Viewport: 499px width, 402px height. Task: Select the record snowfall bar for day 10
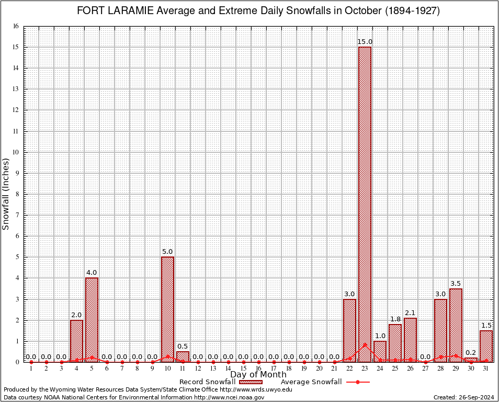coord(167,309)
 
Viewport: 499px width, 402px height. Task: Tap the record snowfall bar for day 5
coord(92,319)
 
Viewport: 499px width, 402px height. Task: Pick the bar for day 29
coord(456,325)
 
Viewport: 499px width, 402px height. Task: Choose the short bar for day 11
coord(183,356)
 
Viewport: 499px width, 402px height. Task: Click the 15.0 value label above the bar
coord(365,42)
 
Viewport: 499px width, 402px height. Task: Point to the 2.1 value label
coord(410,312)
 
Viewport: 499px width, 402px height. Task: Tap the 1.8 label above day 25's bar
coord(395,319)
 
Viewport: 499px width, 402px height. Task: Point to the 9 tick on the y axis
coord(17,173)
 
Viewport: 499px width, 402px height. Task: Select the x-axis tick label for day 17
coord(274,368)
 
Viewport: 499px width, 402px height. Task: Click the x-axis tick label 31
coord(486,368)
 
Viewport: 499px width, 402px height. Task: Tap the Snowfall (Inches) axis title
coord(6,194)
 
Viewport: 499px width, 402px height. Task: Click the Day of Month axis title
coord(258,375)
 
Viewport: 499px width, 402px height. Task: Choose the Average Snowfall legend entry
coord(311,382)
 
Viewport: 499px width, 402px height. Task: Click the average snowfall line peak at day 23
coord(365,344)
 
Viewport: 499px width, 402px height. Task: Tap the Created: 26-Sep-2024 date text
coord(463,397)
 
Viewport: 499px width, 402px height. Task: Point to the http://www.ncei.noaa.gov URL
coord(229,397)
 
